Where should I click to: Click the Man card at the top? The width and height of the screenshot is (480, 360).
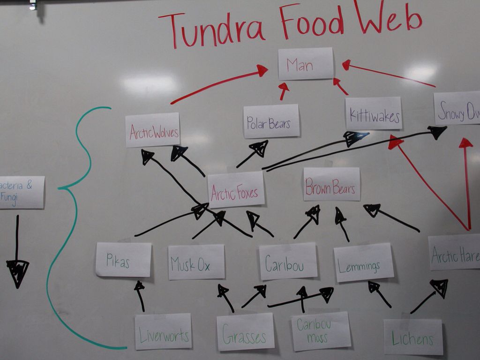pyautogui.click(x=306, y=64)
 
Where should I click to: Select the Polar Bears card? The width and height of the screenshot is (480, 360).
pyautogui.click(x=271, y=121)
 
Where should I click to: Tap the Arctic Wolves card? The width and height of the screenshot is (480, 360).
pyautogui.click(x=153, y=130)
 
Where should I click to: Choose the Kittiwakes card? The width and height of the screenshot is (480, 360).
pyautogui.click(x=374, y=113)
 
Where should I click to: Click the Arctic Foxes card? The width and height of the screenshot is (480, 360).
pyautogui.click(x=236, y=190)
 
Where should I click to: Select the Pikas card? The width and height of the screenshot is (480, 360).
pyautogui.click(x=124, y=259)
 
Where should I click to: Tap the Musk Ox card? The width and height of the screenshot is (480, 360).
pyautogui.click(x=196, y=262)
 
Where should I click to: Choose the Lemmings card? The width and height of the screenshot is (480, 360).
pyautogui.click(x=364, y=262)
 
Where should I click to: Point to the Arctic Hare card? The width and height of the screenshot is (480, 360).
pyautogui.click(x=454, y=253)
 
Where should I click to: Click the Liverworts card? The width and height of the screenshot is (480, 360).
pyautogui.click(x=163, y=331)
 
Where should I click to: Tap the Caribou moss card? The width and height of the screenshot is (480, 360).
pyautogui.click(x=321, y=331)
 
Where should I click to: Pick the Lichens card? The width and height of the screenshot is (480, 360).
pyautogui.click(x=413, y=337)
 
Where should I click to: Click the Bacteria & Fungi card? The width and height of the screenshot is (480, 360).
pyautogui.click(x=21, y=192)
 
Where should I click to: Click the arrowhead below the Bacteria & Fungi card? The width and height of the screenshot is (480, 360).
pyautogui.click(x=18, y=272)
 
